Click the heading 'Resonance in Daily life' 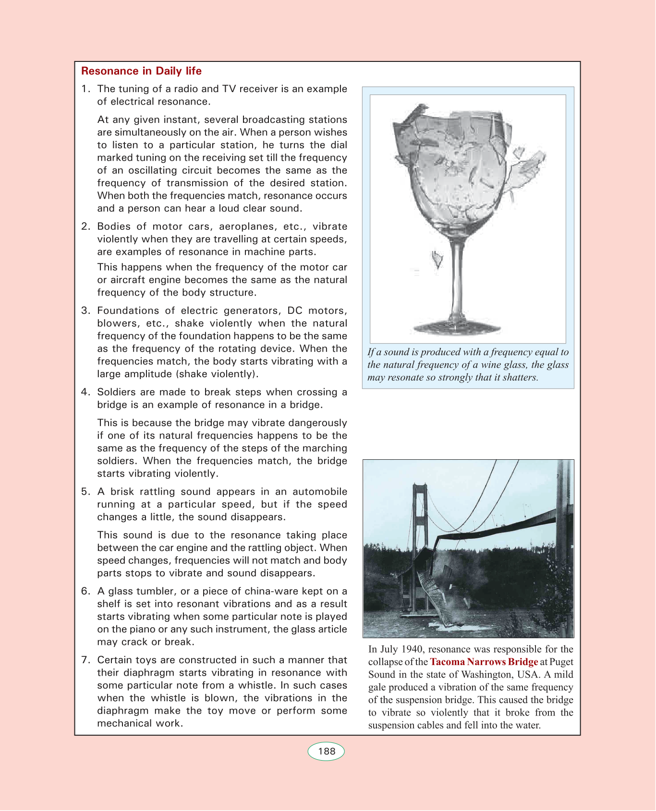point(141,71)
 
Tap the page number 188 point(327,751)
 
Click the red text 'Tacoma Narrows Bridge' point(484,662)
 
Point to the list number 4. point(85,392)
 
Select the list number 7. point(85,660)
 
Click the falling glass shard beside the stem point(437,259)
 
